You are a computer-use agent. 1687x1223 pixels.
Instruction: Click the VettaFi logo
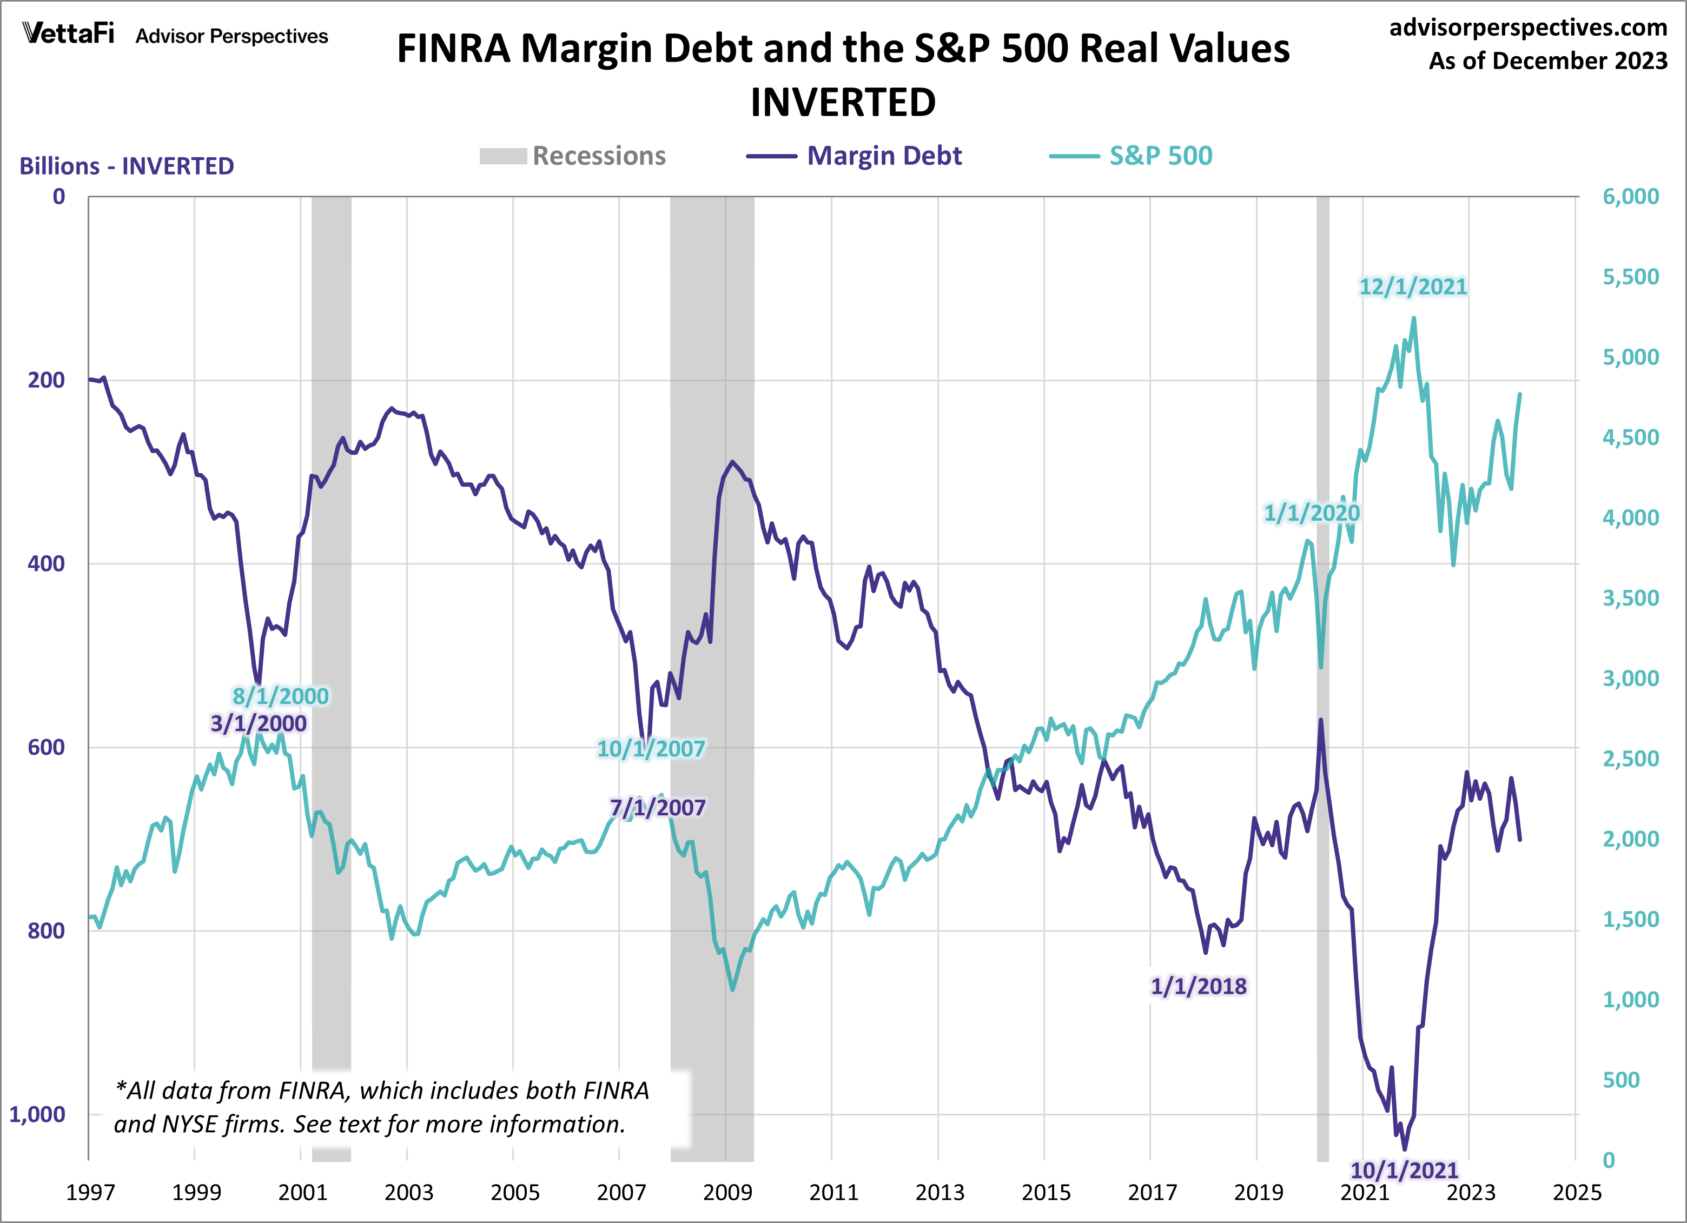69,34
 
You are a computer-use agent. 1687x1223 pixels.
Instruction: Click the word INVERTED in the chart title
843,102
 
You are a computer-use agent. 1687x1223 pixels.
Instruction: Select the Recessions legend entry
573,156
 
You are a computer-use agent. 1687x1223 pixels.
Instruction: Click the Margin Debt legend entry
854,156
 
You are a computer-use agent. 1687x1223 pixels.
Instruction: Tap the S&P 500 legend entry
1130,156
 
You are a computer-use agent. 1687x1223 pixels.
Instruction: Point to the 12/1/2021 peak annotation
1413,287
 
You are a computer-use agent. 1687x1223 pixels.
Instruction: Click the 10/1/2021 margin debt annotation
1404,1170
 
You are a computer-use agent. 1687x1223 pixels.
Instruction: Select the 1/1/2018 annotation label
1198,987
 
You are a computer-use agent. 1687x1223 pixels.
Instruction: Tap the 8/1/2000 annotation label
280,696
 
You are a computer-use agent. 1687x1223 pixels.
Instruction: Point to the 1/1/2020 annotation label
1312,513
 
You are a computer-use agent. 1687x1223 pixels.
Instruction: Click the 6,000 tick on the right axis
1630,196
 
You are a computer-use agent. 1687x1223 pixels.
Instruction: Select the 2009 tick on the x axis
727,1193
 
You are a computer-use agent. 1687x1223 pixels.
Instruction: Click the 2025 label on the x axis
1576,1193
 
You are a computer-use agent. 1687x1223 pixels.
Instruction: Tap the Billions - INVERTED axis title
127,166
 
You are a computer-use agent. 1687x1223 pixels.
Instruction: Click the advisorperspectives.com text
1528,28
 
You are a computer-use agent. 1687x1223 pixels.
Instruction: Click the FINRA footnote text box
381,1107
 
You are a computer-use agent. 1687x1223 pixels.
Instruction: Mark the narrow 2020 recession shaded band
1322,669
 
